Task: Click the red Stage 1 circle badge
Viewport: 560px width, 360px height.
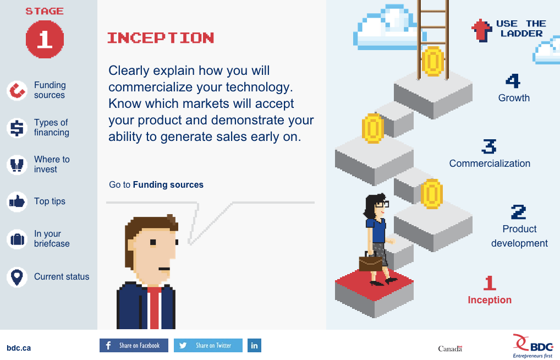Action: [x=45, y=39]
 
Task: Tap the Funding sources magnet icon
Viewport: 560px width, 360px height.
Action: [x=17, y=90]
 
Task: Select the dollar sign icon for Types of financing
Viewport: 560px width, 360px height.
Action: [x=17, y=128]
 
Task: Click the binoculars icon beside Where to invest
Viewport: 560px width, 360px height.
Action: [x=17, y=165]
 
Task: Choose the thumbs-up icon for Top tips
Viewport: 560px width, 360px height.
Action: [x=17, y=202]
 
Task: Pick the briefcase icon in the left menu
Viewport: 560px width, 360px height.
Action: [x=17, y=239]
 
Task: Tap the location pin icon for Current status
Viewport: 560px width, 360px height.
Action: [x=17, y=277]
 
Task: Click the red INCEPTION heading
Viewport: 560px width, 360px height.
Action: [x=161, y=38]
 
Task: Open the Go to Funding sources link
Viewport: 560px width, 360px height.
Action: [x=156, y=185]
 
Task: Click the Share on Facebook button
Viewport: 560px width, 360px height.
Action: [x=134, y=345]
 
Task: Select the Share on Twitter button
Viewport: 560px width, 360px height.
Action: [x=208, y=345]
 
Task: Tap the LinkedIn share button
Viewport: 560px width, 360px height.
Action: [x=254, y=345]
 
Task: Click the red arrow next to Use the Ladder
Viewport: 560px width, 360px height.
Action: [x=482, y=30]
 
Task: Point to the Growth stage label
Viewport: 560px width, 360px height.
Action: [x=514, y=97]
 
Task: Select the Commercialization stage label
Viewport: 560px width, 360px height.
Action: [x=490, y=163]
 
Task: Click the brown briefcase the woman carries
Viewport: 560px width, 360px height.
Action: [x=370, y=263]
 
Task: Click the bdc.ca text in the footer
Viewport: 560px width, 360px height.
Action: [x=19, y=348]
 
